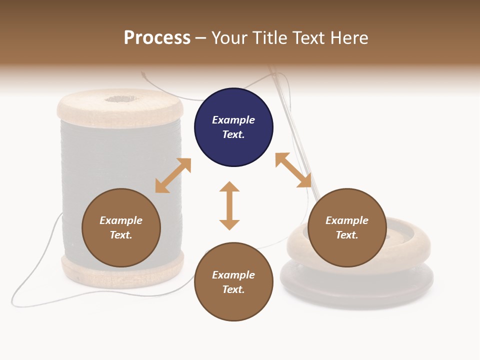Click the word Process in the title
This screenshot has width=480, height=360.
[x=157, y=38]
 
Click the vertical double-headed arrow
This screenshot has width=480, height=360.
[x=229, y=205]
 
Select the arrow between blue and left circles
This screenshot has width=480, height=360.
[x=173, y=175]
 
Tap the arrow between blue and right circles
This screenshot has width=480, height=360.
[x=293, y=170]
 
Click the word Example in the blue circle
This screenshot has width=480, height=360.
[x=233, y=120]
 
